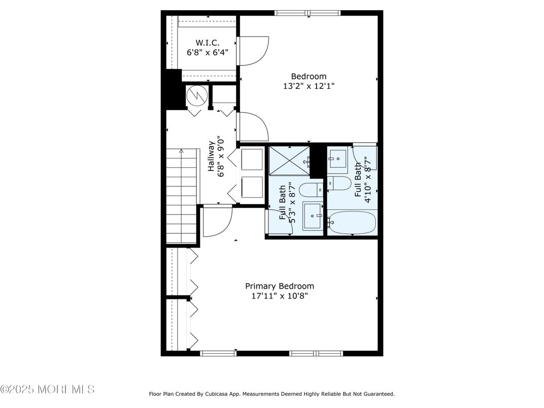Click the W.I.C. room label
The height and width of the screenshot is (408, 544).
coord(208,43)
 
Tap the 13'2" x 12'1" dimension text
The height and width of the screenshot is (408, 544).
coord(309,86)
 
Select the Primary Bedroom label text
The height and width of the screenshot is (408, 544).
coord(280,286)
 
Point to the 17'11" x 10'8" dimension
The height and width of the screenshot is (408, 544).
coord(280,296)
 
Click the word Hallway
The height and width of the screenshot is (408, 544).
coord(211,156)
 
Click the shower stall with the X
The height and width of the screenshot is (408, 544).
coord(290,161)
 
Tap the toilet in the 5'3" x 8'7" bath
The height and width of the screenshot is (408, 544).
coord(311,190)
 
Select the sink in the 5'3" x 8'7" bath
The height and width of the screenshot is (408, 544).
coord(313,216)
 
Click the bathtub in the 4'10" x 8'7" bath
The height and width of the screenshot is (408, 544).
coord(352,222)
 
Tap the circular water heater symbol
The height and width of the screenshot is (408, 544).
coord(197,95)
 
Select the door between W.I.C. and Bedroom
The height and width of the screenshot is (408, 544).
coord(253,51)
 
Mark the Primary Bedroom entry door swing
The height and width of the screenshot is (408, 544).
coord(218,221)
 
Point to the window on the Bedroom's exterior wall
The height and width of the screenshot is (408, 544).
coord(308,13)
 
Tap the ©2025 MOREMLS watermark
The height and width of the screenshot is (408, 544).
coord(48,389)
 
